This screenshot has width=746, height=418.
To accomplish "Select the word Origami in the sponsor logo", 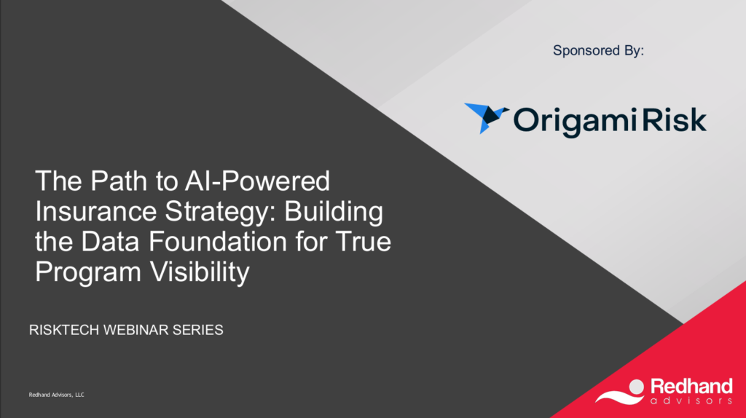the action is pyautogui.click(x=575, y=121).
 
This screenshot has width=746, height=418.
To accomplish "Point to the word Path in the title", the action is pyautogui.click(x=119, y=181).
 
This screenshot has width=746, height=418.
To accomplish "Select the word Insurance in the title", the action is pyautogui.click(x=95, y=211).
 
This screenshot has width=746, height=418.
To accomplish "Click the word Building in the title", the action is pyautogui.click(x=334, y=211).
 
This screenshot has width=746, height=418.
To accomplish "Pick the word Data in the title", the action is pyautogui.click(x=111, y=241).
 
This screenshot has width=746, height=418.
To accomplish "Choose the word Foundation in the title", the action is pyautogui.click(x=218, y=241).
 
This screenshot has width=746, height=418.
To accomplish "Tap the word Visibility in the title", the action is pyautogui.click(x=200, y=273).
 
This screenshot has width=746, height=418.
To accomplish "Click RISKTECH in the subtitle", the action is pyautogui.click(x=64, y=330).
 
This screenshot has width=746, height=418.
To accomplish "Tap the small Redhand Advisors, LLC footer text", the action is pyautogui.click(x=57, y=395).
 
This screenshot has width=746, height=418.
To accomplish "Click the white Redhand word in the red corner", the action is pyautogui.click(x=691, y=387).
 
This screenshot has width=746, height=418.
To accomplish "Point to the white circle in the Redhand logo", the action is pyautogui.click(x=636, y=387).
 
